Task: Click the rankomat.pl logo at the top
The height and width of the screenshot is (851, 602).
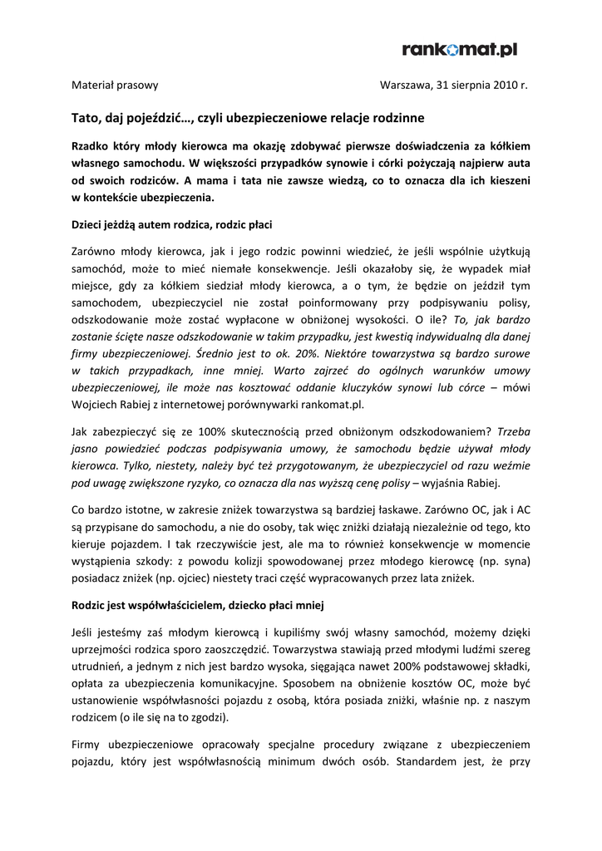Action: [x=460, y=50]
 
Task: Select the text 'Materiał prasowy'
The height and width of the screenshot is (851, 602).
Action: [x=115, y=85]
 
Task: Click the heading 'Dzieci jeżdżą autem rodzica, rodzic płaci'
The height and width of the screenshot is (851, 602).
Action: [x=171, y=224]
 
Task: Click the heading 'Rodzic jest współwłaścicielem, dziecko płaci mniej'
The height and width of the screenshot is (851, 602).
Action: [x=197, y=606]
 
